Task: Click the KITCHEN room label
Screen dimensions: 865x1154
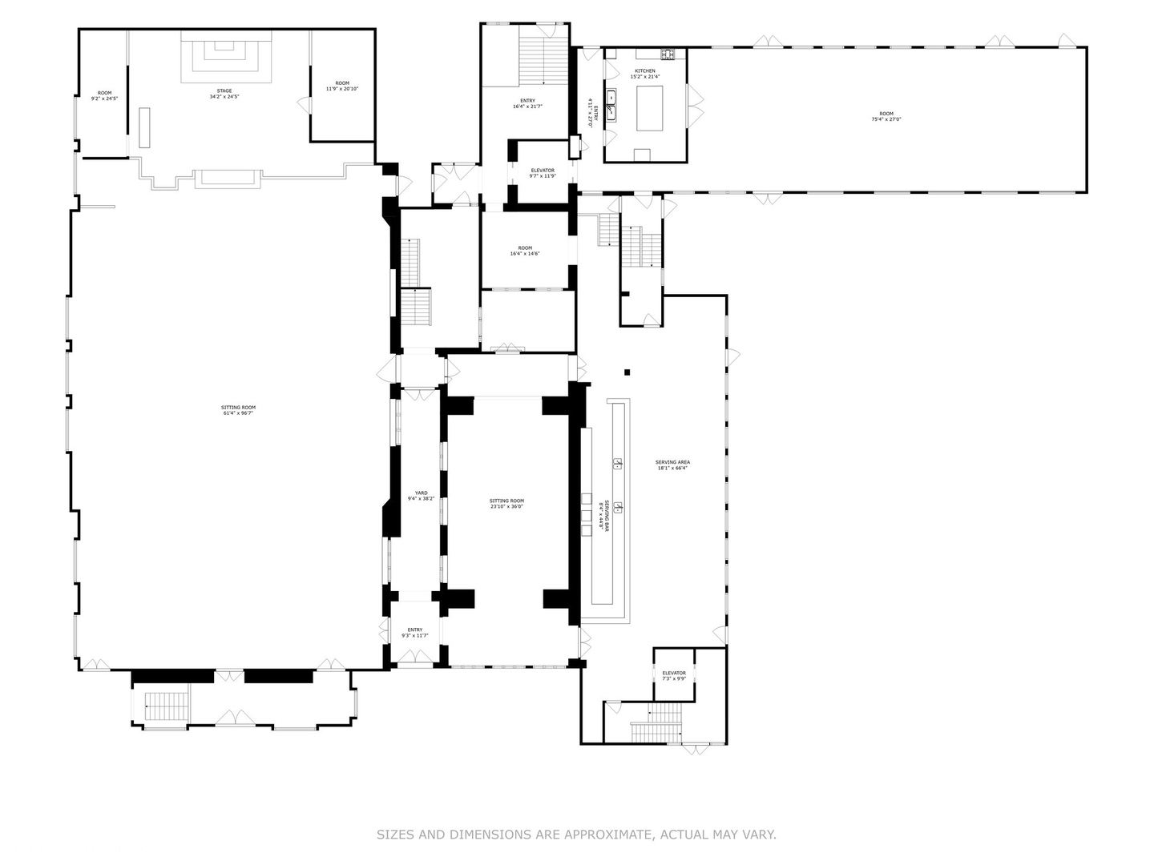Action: tap(645, 71)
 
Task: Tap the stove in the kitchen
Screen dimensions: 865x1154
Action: tap(668, 54)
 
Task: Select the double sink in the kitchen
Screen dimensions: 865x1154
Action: tap(612, 103)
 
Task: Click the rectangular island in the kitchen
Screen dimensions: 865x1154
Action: tap(651, 107)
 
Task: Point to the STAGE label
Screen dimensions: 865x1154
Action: tap(224, 91)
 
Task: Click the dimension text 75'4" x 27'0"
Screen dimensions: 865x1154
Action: tap(886, 119)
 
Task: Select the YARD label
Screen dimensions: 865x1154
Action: tap(421, 493)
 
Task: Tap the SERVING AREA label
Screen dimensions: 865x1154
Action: tap(672, 462)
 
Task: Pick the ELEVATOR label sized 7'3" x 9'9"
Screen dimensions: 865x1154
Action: tap(674, 673)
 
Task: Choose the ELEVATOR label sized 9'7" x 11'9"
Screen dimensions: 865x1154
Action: tap(543, 171)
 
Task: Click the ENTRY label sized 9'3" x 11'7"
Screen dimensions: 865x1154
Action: tap(415, 630)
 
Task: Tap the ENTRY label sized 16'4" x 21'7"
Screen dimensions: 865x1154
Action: tap(527, 101)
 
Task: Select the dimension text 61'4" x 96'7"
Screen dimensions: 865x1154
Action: tap(238, 413)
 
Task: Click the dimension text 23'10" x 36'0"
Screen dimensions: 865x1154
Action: tap(506, 506)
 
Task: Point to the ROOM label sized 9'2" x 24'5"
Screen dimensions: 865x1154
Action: tap(104, 93)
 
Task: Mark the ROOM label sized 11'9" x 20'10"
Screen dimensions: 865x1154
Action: tap(342, 83)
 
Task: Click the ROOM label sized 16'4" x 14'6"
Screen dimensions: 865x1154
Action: tap(525, 248)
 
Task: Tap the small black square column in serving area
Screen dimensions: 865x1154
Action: tap(627, 372)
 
